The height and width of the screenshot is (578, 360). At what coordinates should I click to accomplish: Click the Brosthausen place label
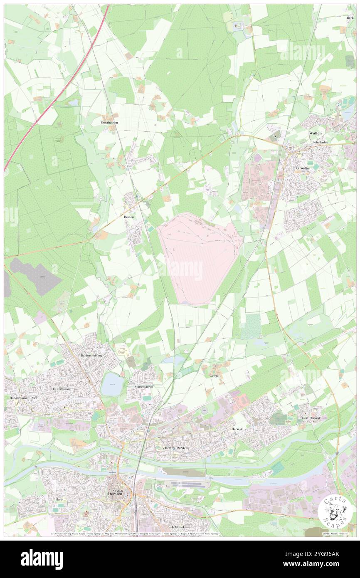tap(108, 123)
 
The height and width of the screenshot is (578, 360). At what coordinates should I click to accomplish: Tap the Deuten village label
tap(129, 217)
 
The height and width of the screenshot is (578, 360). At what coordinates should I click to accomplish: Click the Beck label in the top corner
tap(350, 18)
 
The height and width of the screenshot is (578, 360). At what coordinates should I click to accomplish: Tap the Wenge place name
tap(214, 375)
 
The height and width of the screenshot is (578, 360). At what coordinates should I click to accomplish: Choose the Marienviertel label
tap(144, 387)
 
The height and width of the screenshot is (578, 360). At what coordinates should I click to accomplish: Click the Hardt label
tap(59, 499)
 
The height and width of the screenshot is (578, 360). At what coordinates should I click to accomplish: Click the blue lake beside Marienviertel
tap(111, 384)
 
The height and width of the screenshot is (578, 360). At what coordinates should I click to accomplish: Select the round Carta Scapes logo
tap(332, 511)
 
